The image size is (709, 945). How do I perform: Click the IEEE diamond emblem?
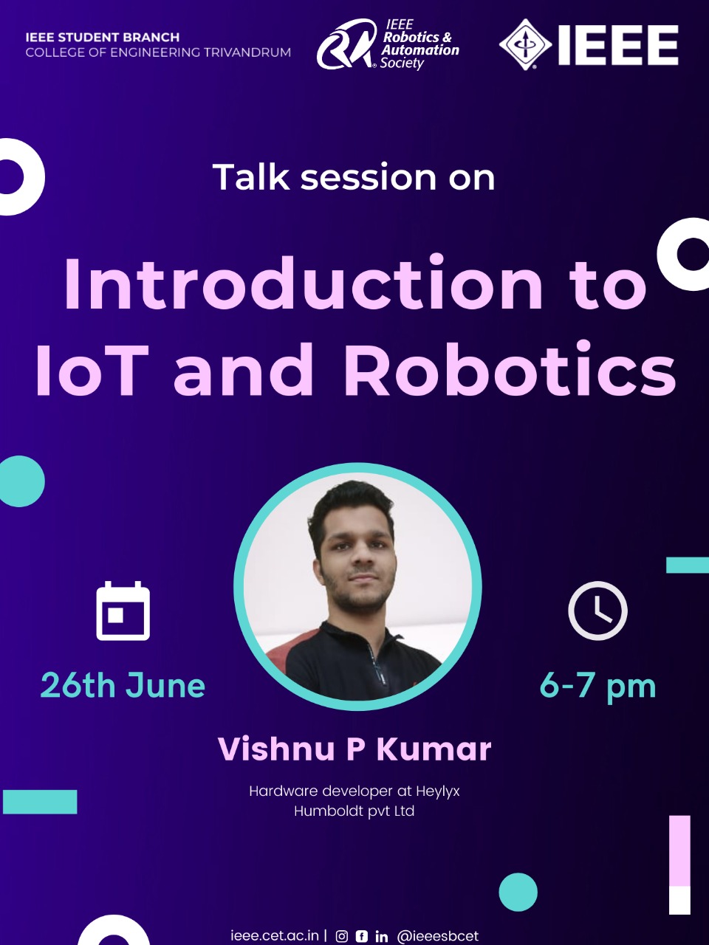point(526,44)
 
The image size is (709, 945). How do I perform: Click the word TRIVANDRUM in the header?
point(247,52)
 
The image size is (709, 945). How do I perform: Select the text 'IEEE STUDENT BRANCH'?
point(103,37)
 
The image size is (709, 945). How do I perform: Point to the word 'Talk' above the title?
point(251,176)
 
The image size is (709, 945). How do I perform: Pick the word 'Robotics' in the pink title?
point(510,368)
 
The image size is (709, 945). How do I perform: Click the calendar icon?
point(123,611)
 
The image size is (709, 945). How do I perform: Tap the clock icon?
point(597,611)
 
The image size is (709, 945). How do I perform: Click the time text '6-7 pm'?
point(597,687)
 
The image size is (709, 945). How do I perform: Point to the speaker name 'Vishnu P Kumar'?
point(354,749)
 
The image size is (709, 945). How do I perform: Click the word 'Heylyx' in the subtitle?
point(438,791)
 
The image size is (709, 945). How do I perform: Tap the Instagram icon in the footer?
point(342,936)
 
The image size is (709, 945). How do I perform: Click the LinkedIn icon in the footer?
point(381,936)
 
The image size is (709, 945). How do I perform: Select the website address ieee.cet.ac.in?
point(275,935)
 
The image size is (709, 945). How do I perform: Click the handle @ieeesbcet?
point(438,936)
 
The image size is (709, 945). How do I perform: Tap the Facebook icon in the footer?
point(362,936)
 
